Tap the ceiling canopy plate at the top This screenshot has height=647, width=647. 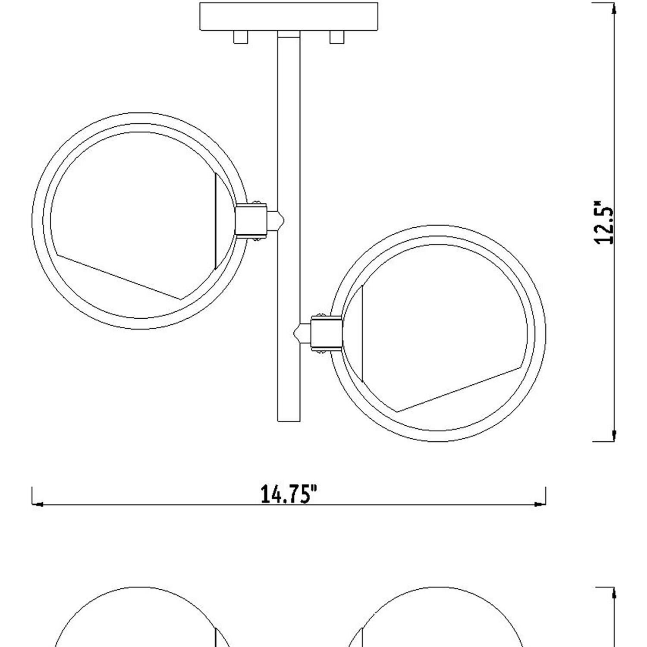[x=289, y=16]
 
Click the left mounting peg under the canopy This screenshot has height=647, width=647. [x=241, y=37]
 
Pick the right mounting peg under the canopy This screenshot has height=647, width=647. [x=337, y=37]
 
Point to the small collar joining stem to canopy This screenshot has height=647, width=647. [x=289, y=34]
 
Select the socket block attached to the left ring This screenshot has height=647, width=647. [x=251, y=220]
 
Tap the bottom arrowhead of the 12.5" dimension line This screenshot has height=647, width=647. [x=612, y=435]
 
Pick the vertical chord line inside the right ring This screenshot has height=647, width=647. [x=362, y=333]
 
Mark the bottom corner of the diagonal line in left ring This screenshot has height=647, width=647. [x=181, y=298]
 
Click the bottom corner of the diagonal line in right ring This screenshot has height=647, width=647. [x=399, y=410]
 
